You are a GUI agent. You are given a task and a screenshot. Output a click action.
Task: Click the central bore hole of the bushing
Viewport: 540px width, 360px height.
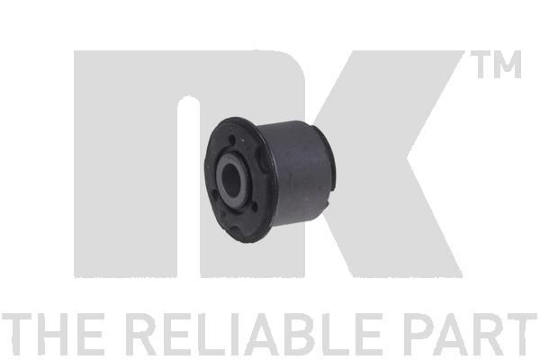(x=231, y=178)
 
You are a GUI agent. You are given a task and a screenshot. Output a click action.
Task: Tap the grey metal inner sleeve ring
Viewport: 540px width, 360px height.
(x=220, y=179)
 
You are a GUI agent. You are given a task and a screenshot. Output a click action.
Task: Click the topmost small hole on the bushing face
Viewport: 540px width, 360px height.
(x=232, y=139)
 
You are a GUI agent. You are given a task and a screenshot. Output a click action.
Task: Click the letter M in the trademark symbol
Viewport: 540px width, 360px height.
(x=507, y=65)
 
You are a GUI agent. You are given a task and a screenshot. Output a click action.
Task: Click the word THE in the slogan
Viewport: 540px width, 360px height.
(x=52, y=334)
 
